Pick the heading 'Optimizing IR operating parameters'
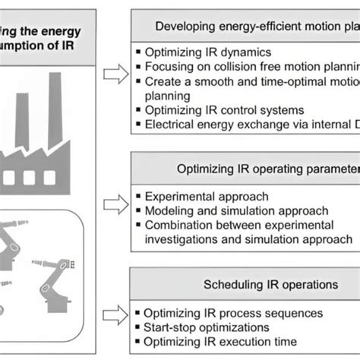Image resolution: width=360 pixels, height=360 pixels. (266, 168)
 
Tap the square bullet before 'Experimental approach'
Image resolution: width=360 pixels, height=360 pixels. (136, 197)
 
